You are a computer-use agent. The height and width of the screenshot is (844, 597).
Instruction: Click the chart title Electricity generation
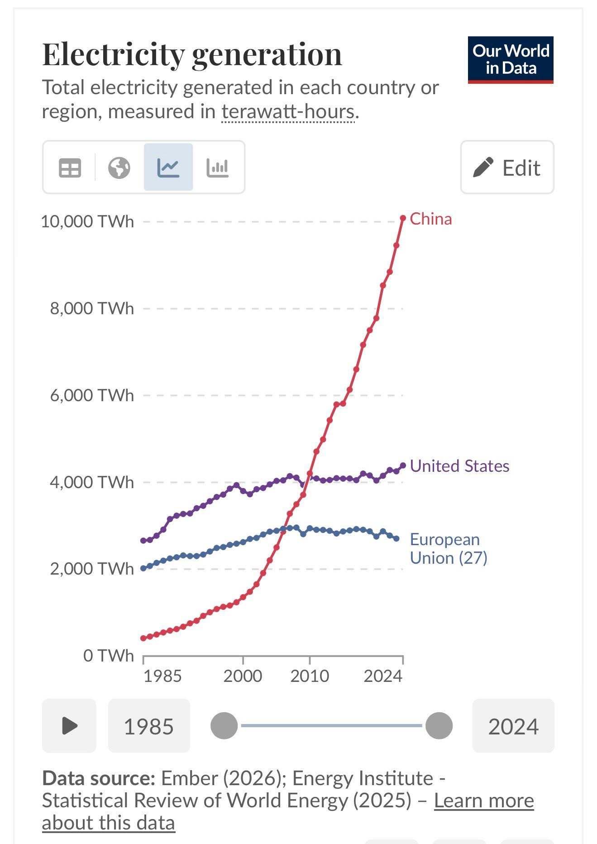click(x=192, y=54)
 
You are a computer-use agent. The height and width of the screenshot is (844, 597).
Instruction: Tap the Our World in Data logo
click(x=511, y=60)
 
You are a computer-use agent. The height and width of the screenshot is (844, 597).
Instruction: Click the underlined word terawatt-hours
click(x=288, y=112)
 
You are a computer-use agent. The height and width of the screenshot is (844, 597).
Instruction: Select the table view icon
click(x=70, y=168)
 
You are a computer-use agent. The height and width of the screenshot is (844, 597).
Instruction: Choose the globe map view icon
click(x=119, y=168)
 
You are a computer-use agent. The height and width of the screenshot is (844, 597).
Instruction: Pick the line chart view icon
click(x=168, y=168)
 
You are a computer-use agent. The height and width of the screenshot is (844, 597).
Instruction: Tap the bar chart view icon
click(x=217, y=168)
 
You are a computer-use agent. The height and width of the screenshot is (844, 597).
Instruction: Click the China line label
click(x=430, y=219)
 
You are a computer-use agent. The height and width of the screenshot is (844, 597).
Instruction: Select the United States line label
click(x=459, y=466)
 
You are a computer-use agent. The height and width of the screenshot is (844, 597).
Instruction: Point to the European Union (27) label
click(x=448, y=548)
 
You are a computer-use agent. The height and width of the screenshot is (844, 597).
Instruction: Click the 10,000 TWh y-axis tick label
click(x=87, y=221)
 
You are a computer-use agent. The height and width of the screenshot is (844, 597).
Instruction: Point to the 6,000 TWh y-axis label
click(x=92, y=395)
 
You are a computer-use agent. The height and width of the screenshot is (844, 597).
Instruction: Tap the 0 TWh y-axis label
click(x=109, y=655)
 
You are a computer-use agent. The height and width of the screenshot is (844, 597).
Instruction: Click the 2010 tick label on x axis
click(x=310, y=676)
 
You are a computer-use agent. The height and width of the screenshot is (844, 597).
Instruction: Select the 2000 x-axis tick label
click(x=243, y=676)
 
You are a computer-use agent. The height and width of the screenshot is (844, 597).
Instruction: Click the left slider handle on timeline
click(x=224, y=725)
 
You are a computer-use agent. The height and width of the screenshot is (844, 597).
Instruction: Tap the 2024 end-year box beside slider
click(x=513, y=726)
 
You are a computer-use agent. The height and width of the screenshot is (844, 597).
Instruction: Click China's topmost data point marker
click(x=403, y=218)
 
